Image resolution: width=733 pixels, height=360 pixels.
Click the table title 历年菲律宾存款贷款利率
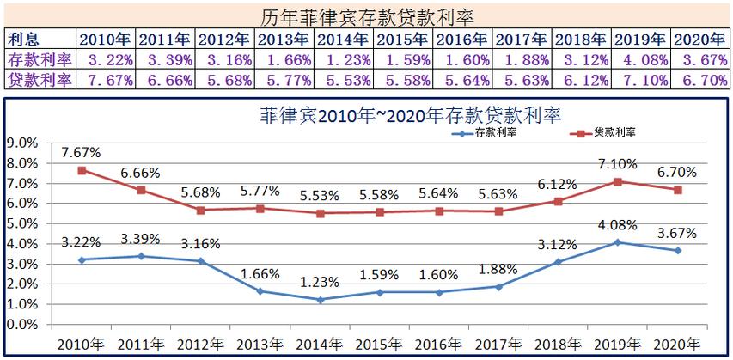[367, 15]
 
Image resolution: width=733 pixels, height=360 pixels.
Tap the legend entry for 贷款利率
[609, 133]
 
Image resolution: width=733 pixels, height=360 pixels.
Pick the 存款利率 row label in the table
[40, 59]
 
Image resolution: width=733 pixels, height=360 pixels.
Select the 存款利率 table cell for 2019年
[641, 59]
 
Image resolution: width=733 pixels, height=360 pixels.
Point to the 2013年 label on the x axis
[260, 344]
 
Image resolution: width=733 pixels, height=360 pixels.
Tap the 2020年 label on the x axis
[677, 344]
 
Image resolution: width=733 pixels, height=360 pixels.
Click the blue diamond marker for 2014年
[319, 300]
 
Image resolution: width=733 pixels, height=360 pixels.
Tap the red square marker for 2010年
[82, 170]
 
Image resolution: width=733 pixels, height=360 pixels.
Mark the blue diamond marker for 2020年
[677, 250]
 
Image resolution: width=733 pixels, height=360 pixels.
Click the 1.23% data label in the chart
[319, 280]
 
